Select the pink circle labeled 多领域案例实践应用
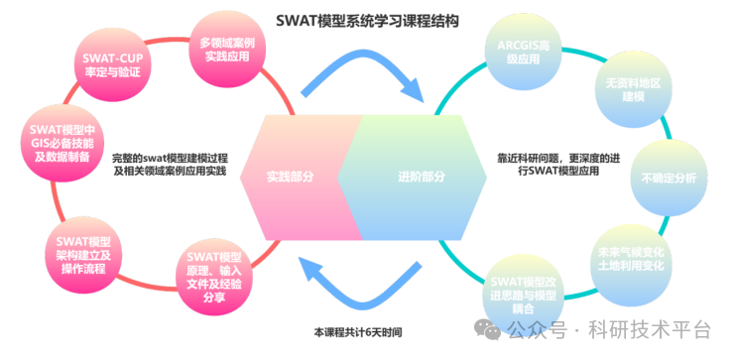(229, 49)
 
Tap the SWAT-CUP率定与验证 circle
(110, 65)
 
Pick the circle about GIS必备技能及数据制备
(60, 142)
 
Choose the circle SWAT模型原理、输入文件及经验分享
(214, 278)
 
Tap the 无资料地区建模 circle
(626, 86)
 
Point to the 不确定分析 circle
(667, 178)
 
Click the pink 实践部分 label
(290, 178)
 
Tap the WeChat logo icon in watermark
(490, 328)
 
